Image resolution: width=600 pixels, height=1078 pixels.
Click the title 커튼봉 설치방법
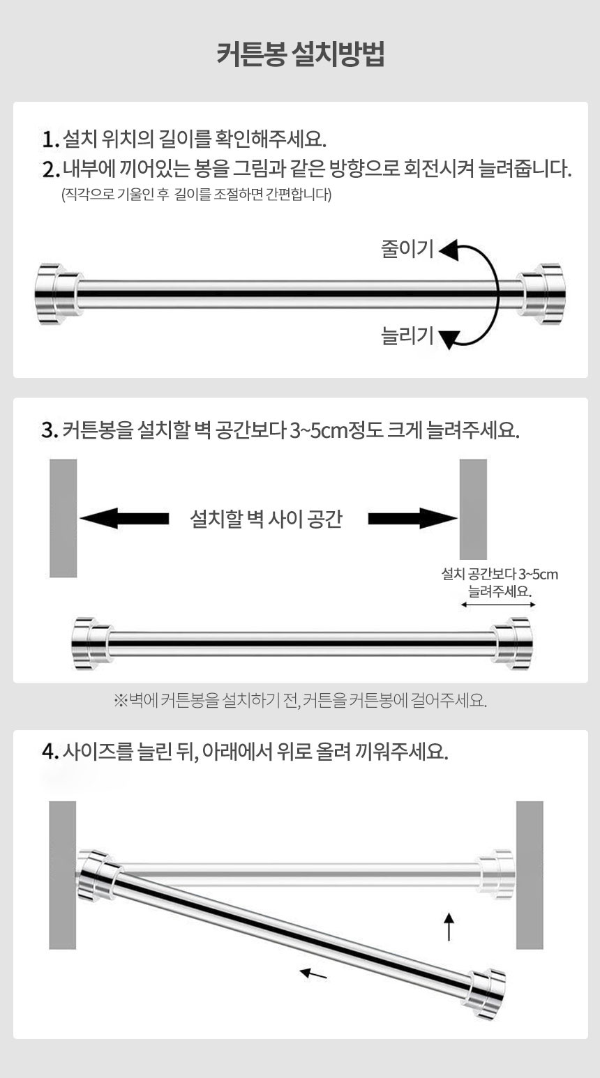300,54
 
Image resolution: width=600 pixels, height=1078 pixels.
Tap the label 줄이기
407,249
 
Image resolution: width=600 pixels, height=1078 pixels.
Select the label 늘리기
407,335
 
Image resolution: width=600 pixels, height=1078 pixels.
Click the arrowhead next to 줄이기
449,250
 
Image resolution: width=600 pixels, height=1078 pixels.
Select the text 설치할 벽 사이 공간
266,519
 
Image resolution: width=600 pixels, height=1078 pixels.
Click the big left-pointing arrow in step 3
124,518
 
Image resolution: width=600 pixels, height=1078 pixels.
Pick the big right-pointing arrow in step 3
413,518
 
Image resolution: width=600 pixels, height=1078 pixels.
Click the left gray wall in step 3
63,518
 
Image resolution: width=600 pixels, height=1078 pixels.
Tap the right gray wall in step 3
473,509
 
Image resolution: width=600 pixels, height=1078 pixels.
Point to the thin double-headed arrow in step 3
498,605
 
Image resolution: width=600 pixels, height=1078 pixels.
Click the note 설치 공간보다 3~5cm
500,574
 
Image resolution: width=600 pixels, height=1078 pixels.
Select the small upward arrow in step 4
449,926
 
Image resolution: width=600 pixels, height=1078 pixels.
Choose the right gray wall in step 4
530,875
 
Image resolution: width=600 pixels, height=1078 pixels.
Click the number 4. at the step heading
50,752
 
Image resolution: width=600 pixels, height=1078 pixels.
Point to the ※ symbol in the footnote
121,700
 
